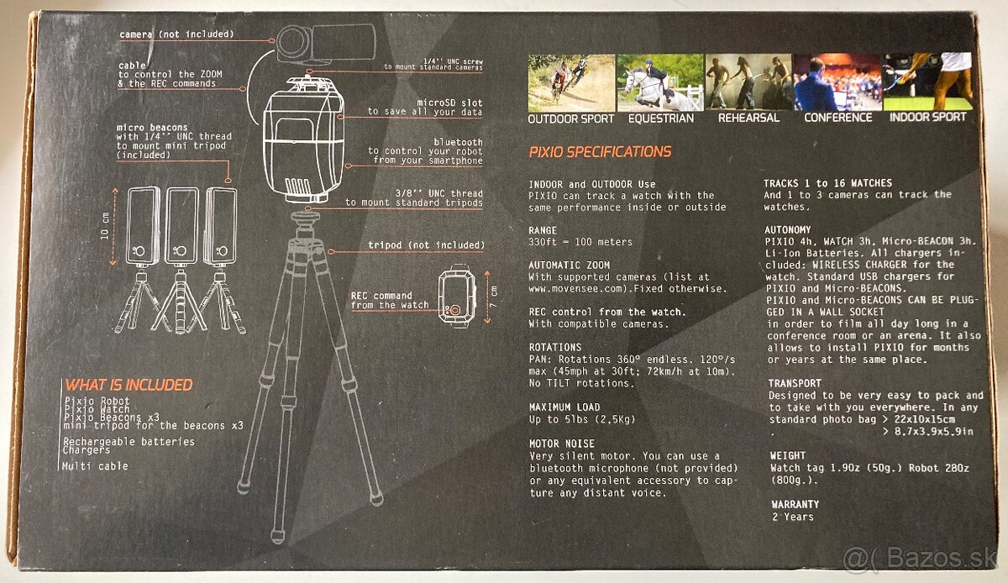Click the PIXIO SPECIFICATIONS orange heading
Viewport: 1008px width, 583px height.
pyautogui.click(x=600, y=152)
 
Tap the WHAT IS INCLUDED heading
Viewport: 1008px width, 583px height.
pyautogui.click(x=129, y=385)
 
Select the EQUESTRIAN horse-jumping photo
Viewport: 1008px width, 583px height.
pyautogui.click(x=659, y=82)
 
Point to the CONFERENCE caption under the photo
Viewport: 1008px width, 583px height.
pyautogui.click(x=838, y=118)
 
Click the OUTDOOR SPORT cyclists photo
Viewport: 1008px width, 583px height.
pyautogui.click(x=571, y=83)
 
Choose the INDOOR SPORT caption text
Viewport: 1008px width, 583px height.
pyautogui.click(x=928, y=117)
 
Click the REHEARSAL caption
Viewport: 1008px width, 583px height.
pyautogui.click(x=748, y=118)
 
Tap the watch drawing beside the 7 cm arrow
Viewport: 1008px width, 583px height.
pyautogui.click(x=457, y=296)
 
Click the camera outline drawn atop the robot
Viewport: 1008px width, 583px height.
pyautogui.click(x=325, y=43)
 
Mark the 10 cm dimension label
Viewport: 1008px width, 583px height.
pyautogui.click(x=105, y=225)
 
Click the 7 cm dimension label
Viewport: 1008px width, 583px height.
pyautogui.click(x=494, y=297)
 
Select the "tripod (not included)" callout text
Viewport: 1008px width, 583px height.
pyautogui.click(x=426, y=245)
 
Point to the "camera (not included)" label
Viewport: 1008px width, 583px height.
pyautogui.click(x=177, y=34)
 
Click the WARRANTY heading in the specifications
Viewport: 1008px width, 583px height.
pyautogui.click(x=795, y=504)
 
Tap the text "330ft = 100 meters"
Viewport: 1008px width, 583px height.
pyautogui.click(x=580, y=242)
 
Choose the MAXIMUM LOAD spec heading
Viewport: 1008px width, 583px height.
pyautogui.click(x=564, y=407)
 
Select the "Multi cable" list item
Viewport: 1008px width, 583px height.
pyautogui.click(x=95, y=466)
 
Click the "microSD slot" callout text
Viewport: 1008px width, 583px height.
pyautogui.click(x=449, y=102)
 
